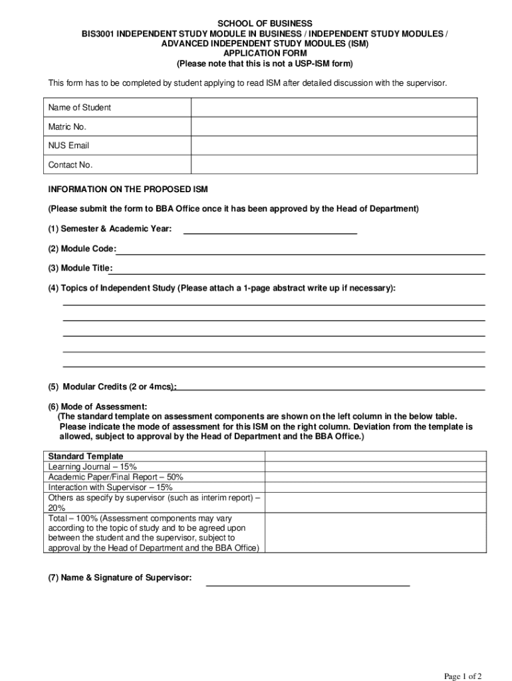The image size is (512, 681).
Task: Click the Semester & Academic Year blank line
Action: (270, 231)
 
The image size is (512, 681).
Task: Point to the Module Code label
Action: (81, 249)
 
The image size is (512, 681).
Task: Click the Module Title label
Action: (79, 268)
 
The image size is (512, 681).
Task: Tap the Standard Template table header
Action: (86, 456)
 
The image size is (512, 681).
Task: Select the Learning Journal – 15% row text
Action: (92, 467)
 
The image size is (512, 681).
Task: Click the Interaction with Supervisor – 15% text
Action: (110, 487)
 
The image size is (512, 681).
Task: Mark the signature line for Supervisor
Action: (308, 583)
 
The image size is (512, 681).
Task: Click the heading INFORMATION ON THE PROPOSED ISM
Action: (128, 190)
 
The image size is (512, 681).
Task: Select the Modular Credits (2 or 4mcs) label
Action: (112, 386)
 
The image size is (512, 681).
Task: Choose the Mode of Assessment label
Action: (97, 406)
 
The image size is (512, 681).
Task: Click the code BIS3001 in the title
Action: (98, 34)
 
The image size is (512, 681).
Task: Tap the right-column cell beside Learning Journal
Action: (376, 467)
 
